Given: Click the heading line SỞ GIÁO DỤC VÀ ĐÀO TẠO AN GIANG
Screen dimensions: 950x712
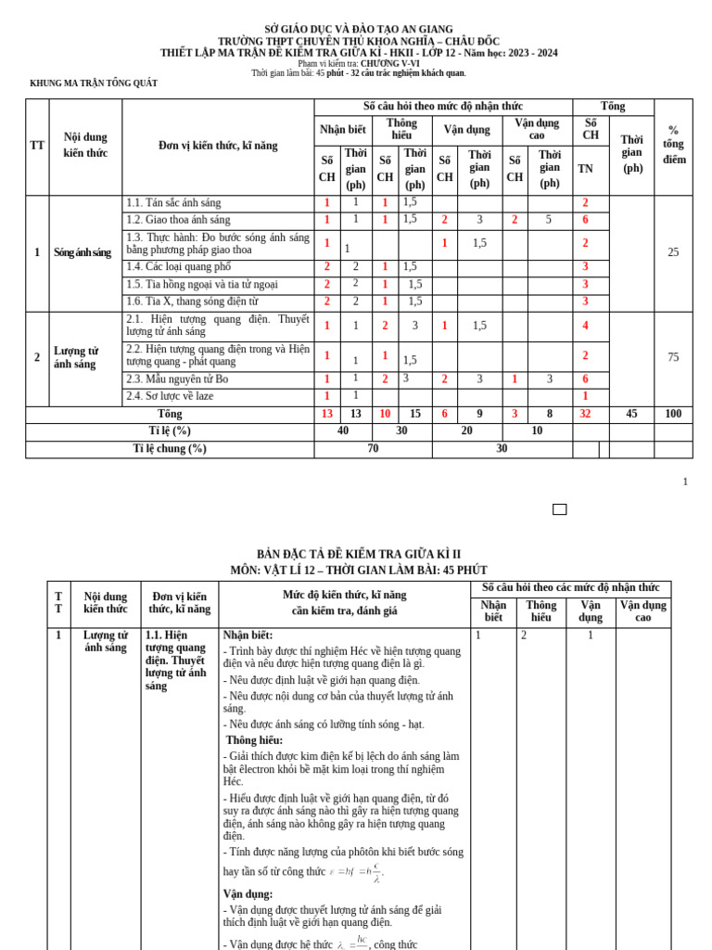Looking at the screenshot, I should click(359, 30).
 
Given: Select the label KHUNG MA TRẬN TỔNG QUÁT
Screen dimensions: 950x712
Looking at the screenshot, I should click(94, 83).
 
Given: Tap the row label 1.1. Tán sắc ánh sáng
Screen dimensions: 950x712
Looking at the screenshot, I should click(173, 203).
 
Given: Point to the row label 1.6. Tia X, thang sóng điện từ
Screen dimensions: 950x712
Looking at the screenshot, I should click(192, 302).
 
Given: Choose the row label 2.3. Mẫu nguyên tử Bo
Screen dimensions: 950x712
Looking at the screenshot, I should click(177, 379).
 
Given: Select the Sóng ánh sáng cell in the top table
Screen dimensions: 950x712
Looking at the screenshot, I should click(83, 252).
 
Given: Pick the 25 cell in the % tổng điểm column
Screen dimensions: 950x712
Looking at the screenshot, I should click(673, 252).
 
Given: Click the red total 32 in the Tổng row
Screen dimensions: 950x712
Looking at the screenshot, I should click(585, 414).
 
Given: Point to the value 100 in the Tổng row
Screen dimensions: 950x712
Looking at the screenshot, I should click(673, 414).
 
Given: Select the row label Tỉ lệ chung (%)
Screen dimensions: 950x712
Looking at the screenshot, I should click(170, 449).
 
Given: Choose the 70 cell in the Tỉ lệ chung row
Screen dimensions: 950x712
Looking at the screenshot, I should click(373, 449).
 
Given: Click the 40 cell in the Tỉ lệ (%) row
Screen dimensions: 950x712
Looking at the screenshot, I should click(343, 431).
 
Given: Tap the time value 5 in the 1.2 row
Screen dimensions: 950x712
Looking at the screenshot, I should click(549, 220).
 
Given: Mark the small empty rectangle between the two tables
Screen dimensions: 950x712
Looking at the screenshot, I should click(559, 509).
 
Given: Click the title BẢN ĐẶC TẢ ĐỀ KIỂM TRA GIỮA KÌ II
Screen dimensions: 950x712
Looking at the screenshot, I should click(359, 555).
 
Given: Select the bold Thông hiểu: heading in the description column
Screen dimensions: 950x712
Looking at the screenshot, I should click(254, 740).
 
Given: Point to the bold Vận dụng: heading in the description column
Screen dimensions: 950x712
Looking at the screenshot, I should click(248, 894).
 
